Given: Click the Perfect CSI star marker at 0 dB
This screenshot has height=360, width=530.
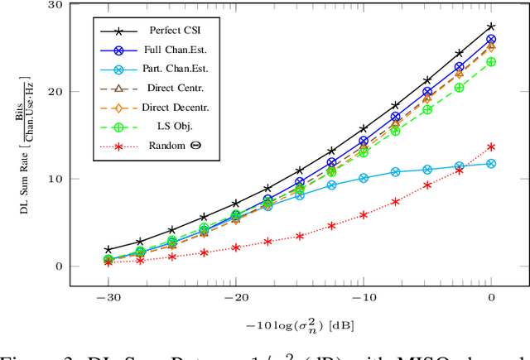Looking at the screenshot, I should click(x=492, y=26).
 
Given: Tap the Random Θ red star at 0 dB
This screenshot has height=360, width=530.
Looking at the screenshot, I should click(x=492, y=146).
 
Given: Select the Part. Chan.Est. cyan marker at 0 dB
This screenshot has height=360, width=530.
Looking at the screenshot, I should click(x=492, y=164).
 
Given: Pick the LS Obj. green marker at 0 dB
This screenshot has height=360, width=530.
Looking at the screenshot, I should click(x=492, y=62).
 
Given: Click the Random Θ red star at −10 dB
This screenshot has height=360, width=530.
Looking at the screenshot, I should click(x=364, y=214).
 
